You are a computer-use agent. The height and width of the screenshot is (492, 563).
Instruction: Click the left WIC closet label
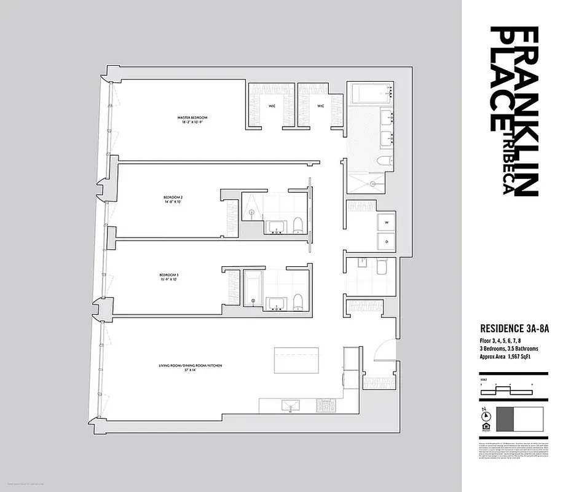point(271,106)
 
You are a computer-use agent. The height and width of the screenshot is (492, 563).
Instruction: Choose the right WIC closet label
point(320,106)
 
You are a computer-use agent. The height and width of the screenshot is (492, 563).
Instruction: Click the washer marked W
point(388,222)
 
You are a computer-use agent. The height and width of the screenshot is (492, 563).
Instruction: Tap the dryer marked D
point(388,242)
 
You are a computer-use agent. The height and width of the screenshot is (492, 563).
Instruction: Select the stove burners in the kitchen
point(325,405)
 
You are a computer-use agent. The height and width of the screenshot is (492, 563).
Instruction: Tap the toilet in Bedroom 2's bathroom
point(298,225)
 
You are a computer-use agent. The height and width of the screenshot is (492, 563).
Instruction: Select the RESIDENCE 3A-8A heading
point(514,329)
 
